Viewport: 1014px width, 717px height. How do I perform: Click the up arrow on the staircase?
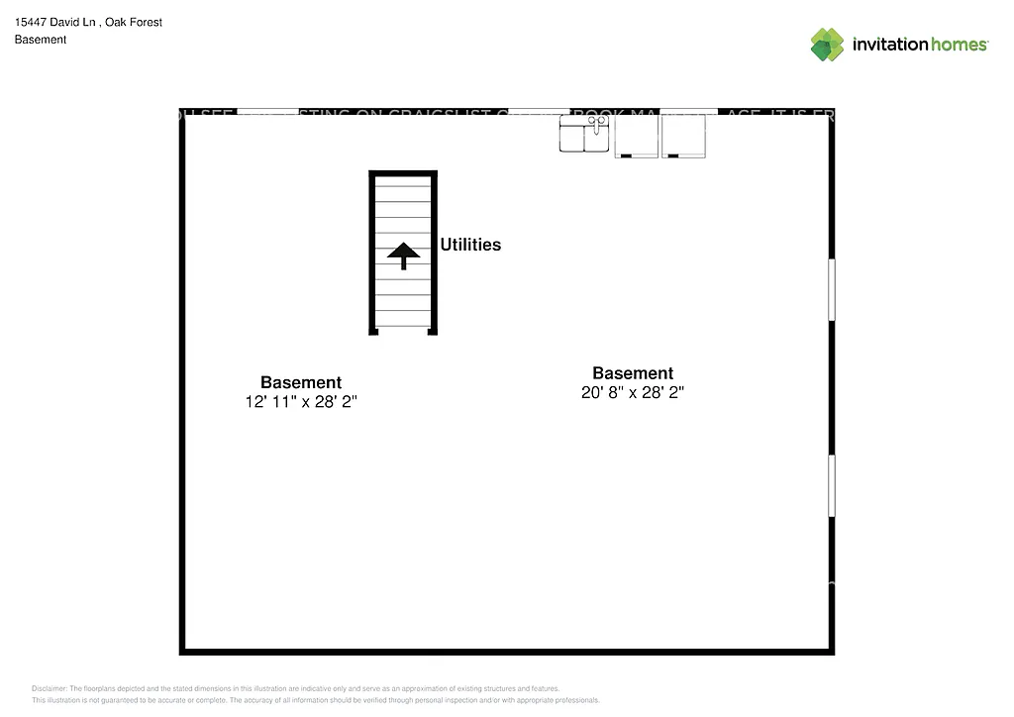point(403,256)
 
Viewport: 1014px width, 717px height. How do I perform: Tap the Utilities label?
point(470,245)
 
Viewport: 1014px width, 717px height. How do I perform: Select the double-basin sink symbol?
point(585,135)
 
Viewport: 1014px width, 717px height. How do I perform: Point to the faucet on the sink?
point(597,122)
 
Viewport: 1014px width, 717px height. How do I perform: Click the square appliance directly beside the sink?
point(637,136)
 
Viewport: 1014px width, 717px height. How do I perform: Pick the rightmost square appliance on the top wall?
point(683,136)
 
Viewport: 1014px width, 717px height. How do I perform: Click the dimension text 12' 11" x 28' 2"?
point(301,401)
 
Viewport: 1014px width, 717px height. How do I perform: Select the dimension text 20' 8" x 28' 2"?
point(633,392)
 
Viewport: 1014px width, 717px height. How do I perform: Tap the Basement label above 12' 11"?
point(301,382)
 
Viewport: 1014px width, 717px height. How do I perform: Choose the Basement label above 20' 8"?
point(633,373)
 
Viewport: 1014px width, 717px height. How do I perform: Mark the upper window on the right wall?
point(832,289)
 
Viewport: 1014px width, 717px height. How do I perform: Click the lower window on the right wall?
point(832,485)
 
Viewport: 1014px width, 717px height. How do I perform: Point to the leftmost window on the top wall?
point(268,111)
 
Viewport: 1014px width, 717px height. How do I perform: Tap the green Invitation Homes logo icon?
point(828,45)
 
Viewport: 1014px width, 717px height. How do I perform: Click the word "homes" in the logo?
point(958,45)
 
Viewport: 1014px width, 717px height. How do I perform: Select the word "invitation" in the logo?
point(889,45)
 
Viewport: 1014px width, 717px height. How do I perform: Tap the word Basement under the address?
point(41,40)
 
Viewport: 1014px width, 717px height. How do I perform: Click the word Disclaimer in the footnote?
point(49,688)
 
